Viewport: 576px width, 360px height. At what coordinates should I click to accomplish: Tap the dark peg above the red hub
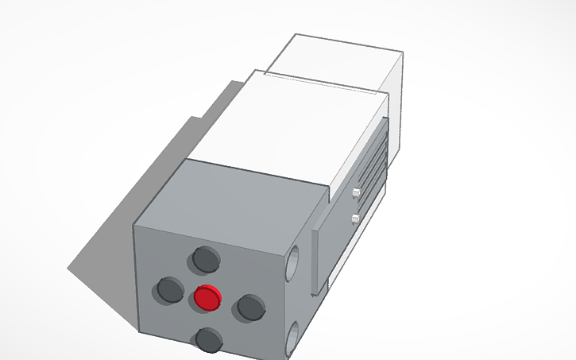[x=206, y=258]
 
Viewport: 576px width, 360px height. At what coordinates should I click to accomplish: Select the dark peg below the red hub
[x=210, y=339]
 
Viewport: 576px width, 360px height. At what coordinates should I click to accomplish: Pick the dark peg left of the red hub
[x=169, y=289]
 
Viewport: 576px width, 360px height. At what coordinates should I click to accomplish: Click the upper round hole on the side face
[x=294, y=261]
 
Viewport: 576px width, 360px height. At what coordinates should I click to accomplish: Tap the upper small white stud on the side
[x=356, y=192]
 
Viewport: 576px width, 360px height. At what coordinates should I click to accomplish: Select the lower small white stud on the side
[x=356, y=218]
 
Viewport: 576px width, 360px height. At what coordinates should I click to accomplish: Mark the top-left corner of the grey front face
[x=134, y=226]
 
